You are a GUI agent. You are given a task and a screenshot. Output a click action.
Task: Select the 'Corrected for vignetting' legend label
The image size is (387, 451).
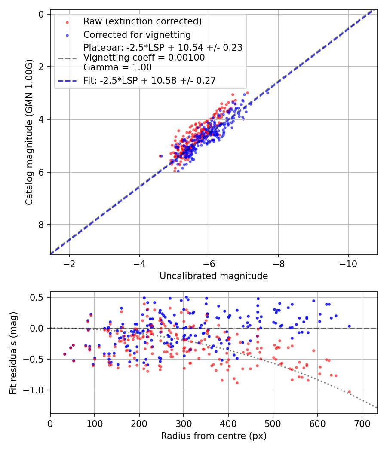pos(137,34)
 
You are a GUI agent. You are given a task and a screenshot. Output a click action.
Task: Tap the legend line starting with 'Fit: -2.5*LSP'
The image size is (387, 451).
pos(150,80)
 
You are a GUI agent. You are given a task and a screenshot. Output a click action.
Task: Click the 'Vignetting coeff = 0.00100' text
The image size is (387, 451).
pos(144,58)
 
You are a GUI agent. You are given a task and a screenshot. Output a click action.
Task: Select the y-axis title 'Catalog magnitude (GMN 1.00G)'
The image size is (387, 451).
pos(29,132)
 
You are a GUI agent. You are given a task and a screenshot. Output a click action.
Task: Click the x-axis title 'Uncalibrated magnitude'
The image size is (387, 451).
pos(214,276)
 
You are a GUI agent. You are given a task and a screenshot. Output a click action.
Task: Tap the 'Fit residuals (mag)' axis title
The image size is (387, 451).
pos(13,353)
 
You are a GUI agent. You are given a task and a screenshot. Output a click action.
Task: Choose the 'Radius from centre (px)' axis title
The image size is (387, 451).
pos(214,436)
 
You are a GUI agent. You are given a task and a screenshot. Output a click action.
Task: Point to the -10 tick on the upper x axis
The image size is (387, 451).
pos(348,263)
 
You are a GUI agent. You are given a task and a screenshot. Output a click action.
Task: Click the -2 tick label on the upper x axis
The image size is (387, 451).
pos(70,263)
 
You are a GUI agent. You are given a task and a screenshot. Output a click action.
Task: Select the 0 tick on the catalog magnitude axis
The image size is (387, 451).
pos(41,14)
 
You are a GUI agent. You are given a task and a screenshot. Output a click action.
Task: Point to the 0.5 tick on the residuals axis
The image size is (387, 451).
pos(39,297)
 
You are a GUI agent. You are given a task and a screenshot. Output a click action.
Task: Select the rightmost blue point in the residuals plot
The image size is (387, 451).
pos(349,326)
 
